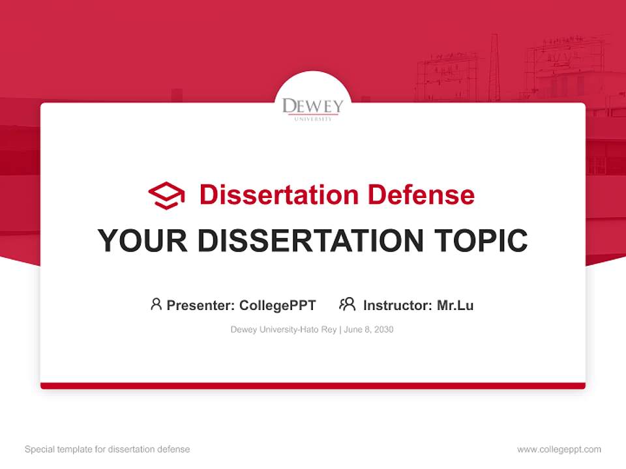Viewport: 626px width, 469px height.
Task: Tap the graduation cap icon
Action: click(x=166, y=195)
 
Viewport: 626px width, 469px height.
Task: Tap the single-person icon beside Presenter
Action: click(x=156, y=304)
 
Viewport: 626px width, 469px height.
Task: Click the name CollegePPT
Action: click(x=277, y=306)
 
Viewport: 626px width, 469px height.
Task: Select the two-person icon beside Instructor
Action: click(x=347, y=304)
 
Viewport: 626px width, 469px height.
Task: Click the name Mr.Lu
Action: click(x=455, y=306)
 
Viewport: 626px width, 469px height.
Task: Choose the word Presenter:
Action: click(x=201, y=306)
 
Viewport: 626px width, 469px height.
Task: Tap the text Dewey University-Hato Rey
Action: click(x=283, y=330)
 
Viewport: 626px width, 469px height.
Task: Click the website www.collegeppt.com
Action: click(x=559, y=449)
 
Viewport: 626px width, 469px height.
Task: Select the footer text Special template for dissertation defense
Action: click(x=107, y=449)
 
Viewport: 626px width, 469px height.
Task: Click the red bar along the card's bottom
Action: click(x=312, y=386)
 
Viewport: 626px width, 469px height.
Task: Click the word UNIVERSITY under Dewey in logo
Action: click(x=312, y=119)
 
